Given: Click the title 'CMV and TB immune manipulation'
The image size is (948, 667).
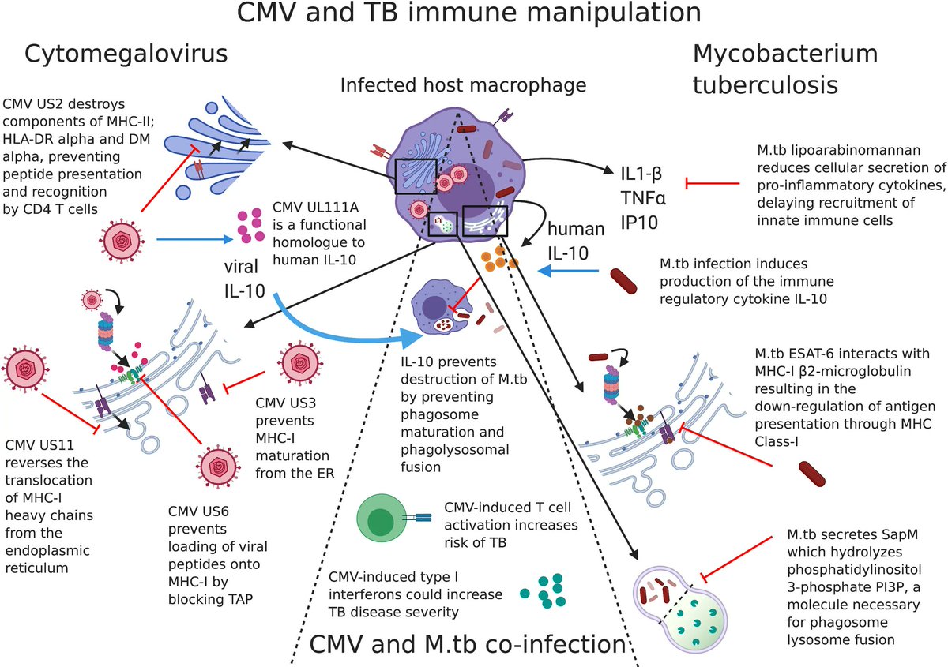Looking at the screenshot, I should tap(473, 13).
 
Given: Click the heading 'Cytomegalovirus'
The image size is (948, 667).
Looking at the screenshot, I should tap(126, 54).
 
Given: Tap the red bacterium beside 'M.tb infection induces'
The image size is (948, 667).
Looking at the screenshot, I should tap(630, 283).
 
